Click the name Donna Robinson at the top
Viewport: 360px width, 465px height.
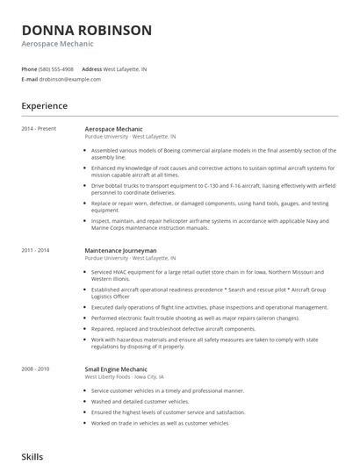click(x=86, y=30)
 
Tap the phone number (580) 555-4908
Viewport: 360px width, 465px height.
click(x=56, y=68)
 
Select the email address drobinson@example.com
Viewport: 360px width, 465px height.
click(x=70, y=79)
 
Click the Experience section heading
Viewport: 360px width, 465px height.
click(x=45, y=106)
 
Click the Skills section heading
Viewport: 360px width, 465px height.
click(x=33, y=457)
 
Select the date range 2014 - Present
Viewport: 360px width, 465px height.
click(x=39, y=129)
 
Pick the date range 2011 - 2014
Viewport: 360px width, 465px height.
click(x=37, y=251)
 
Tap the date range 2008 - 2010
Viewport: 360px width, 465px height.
click(x=37, y=368)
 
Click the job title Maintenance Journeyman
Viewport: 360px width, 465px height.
click(x=121, y=251)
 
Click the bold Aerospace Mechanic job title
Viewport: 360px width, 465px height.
click(x=114, y=129)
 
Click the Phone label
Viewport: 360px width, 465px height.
click(x=29, y=68)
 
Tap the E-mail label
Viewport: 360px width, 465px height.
click(x=29, y=79)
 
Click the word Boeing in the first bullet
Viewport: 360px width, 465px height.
click(x=171, y=150)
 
